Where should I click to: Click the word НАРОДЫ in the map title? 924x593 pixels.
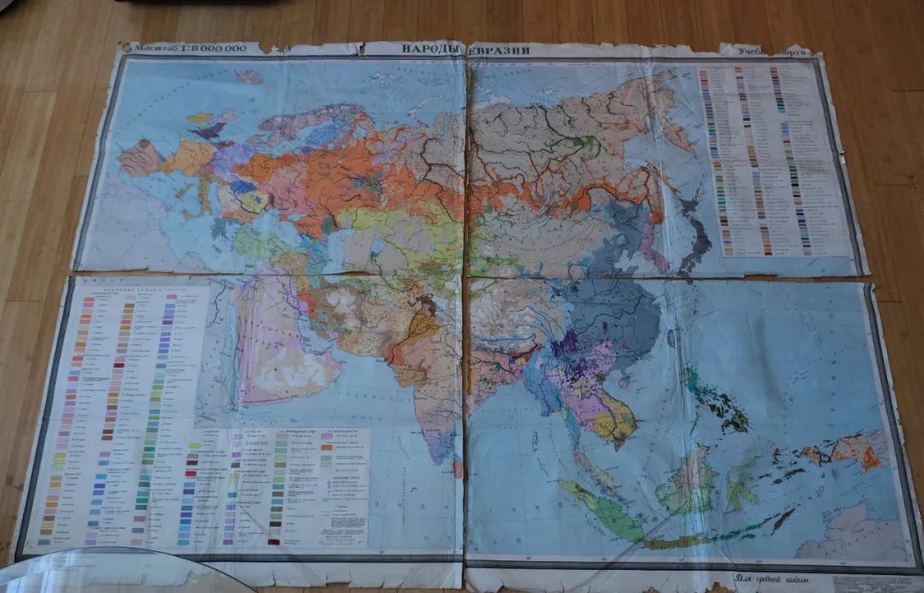[x=433, y=49]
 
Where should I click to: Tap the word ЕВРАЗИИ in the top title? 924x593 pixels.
[x=500, y=50]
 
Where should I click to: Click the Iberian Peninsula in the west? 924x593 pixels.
[x=138, y=158]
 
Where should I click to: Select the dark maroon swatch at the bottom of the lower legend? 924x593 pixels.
[x=274, y=541]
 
